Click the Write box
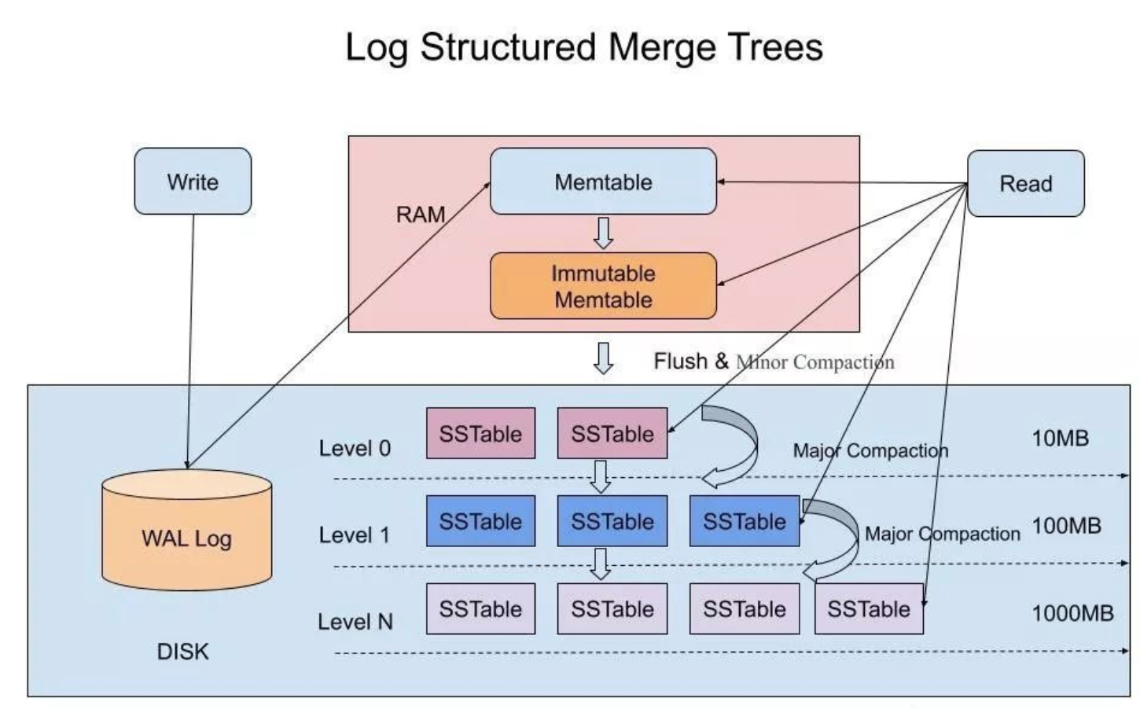point(193,182)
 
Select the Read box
point(1025,183)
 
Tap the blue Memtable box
point(603,182)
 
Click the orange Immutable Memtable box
point(603,286)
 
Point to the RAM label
point(420,215)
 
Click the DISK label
point(182,652)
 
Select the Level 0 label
point(355,448)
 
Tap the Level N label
point(355,622)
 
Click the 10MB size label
point(1060,438)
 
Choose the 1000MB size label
point(1072,613)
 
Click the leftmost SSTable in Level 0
point(480,433)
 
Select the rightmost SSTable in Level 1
point(744,521)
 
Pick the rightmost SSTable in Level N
point(869,609)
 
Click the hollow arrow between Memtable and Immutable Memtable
point(603,233)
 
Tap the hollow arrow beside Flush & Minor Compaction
point(603,358)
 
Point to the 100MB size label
point(1066,525)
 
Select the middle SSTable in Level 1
point(612,521)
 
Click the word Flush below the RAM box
point(680,361)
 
